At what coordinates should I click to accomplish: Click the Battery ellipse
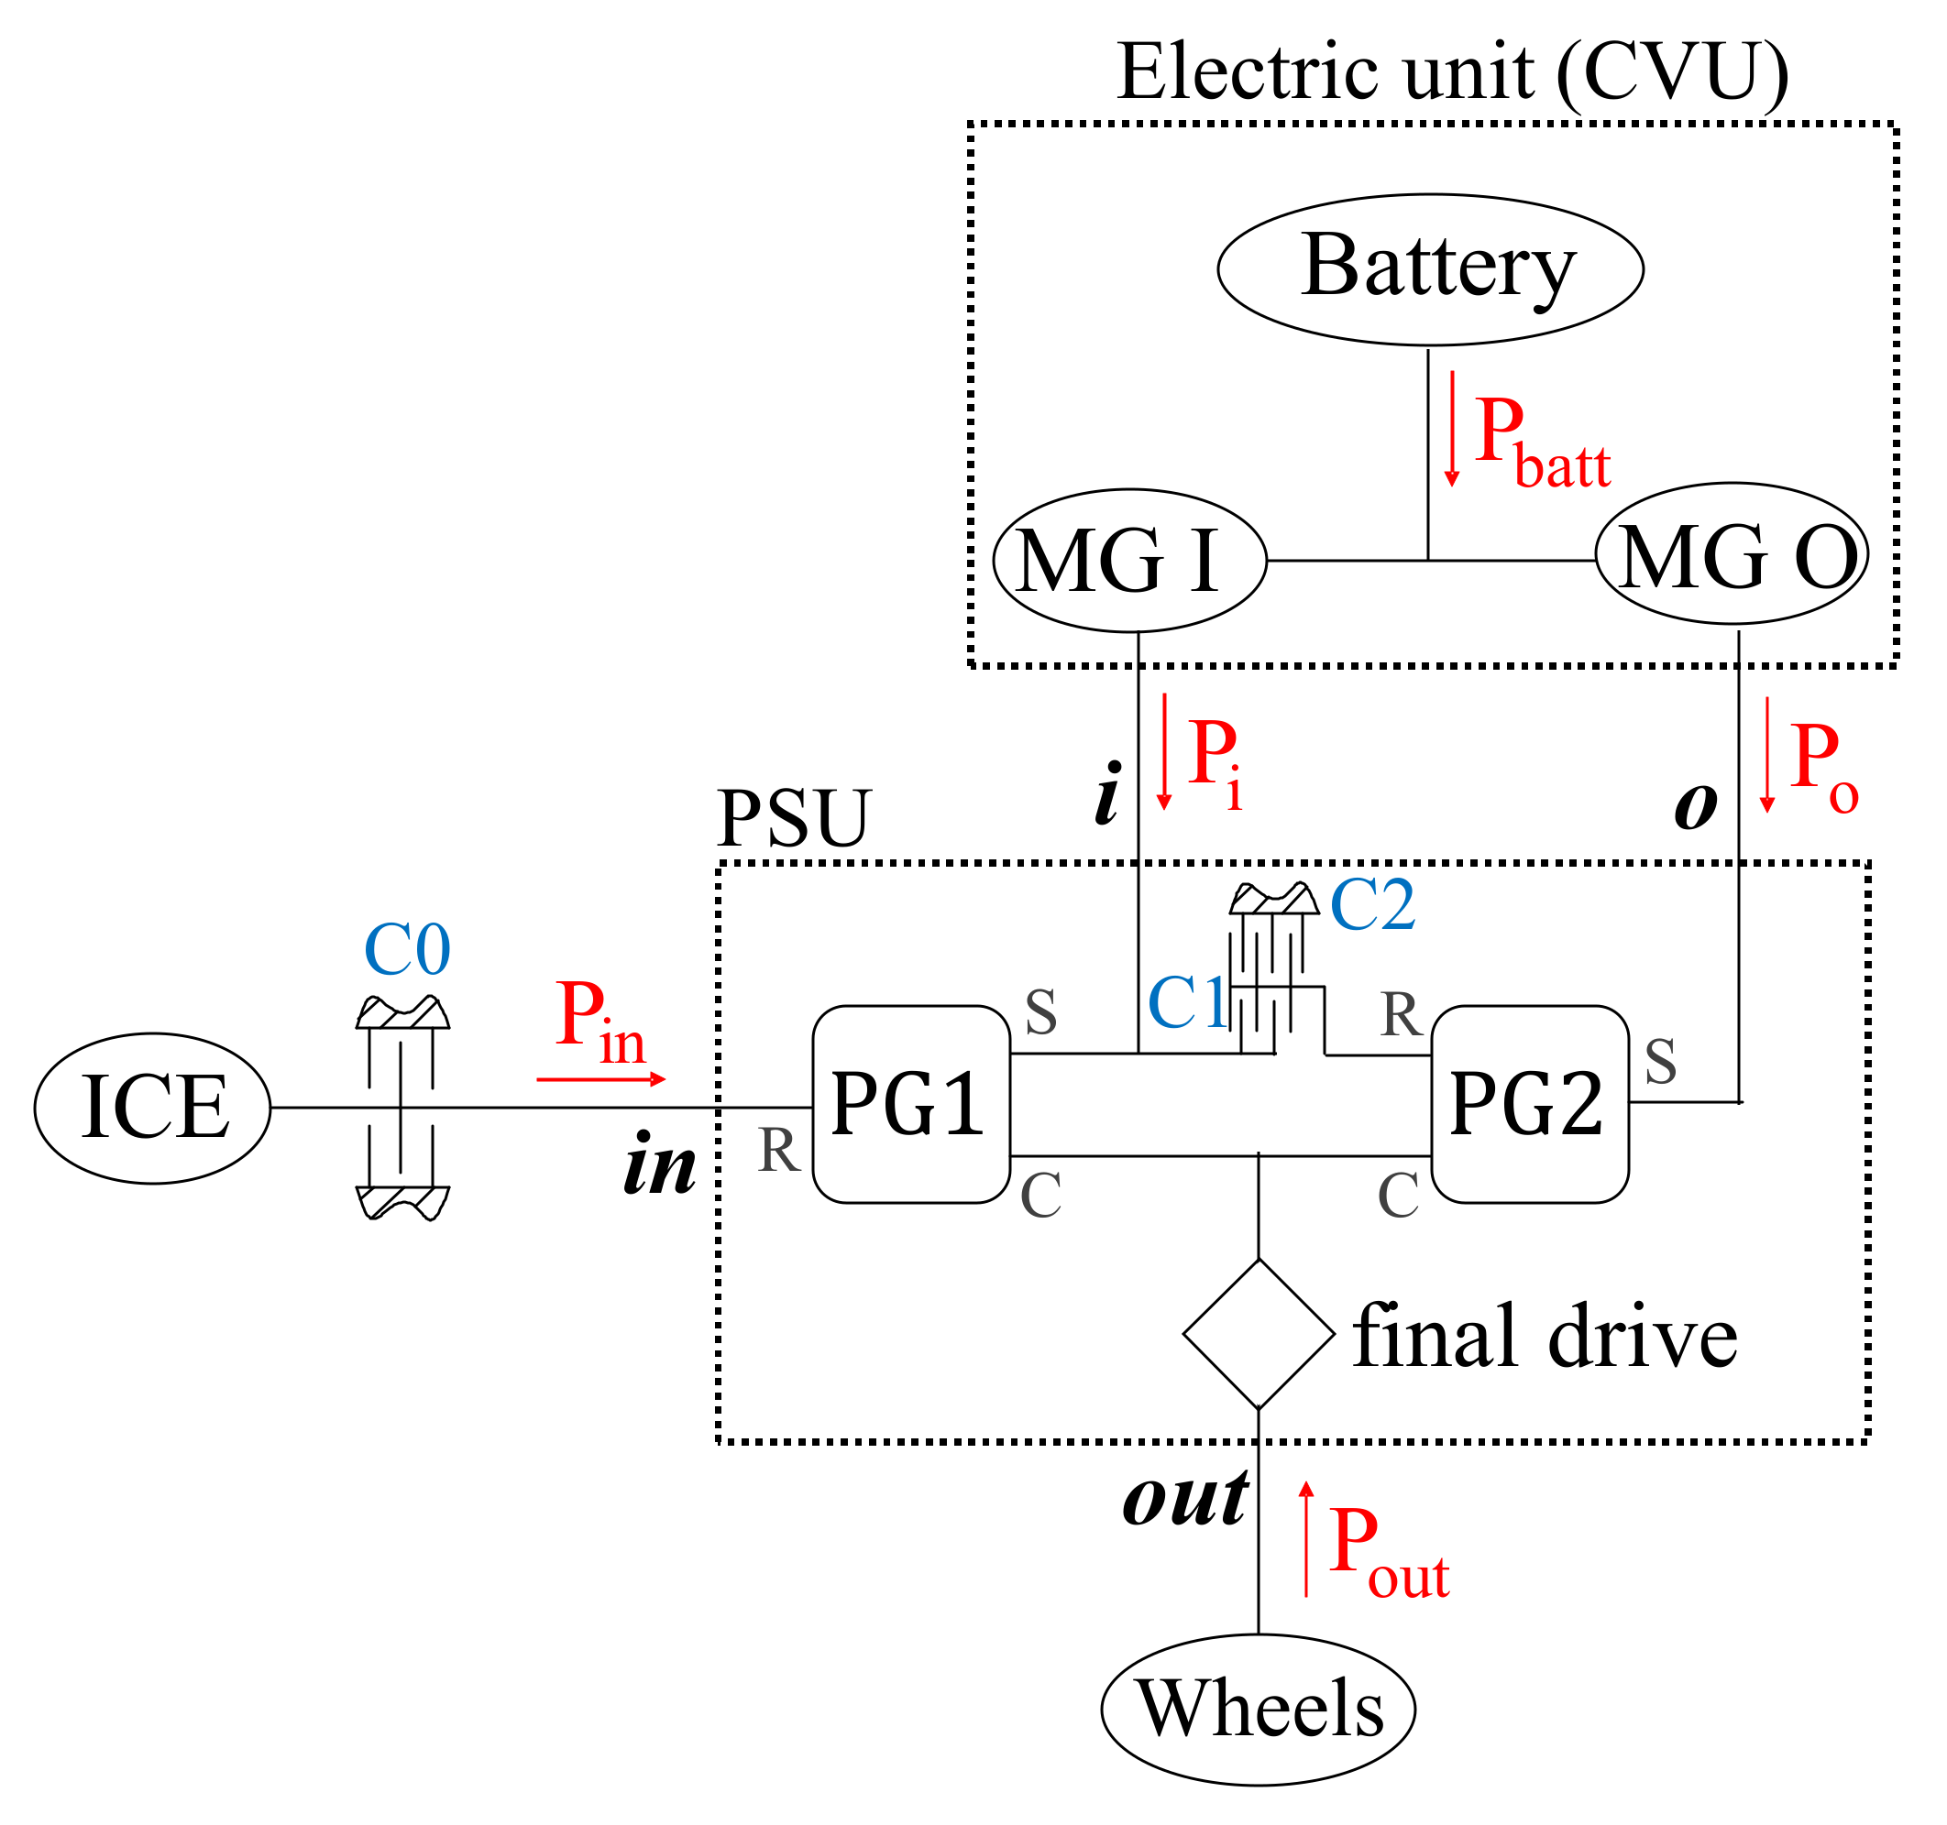[x=1430, y=269]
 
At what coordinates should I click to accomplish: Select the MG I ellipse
[x=1129, y=561]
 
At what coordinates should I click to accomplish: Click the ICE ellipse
[x=153, y=1109]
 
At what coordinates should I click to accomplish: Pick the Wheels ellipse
[x=1258, y=1709]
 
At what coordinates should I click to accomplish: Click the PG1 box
[x=911, y=1104]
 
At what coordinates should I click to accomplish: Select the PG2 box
[x=1530, y=1104]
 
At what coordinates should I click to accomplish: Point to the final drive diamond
[x=1259, y=1334]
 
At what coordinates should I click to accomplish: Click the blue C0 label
[x=406, y=950]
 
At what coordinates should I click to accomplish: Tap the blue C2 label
[x=1372, y=904]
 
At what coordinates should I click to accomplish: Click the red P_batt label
[x=1540, y=443]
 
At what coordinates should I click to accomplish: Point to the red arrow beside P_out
[x=1305, y=1539]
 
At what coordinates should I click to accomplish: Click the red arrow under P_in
[x=600, y=1079]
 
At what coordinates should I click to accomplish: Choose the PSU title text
[x=793, y=818]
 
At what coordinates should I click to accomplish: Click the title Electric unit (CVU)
[x=1452, y=72]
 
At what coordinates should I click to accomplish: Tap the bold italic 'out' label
[x=1185, y=1499]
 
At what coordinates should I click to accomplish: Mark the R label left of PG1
[x=779, y=1151]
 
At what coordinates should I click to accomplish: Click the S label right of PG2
[x=1661, y=1061]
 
